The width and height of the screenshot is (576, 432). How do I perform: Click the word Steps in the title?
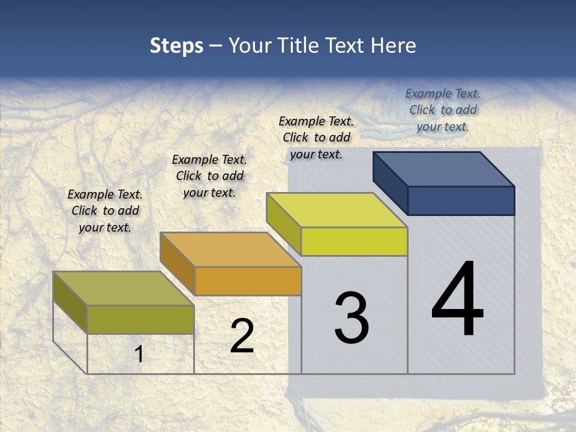176,46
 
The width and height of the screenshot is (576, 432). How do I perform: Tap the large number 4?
457,299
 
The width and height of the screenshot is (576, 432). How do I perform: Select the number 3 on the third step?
351,317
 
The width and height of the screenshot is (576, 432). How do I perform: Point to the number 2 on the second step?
242,336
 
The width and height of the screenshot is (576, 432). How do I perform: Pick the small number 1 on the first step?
139,354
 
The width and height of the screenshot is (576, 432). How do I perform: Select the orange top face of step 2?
230,250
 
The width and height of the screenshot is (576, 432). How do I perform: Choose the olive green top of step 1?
124,289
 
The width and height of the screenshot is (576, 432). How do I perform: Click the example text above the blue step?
443,110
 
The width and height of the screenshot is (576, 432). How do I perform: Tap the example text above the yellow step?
316,137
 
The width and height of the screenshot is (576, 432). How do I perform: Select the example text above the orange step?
209,176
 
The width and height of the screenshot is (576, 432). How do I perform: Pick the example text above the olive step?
105,211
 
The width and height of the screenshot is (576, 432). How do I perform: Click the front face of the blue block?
461,200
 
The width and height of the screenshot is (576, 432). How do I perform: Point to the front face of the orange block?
248,281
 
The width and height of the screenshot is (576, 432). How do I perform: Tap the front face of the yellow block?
354,241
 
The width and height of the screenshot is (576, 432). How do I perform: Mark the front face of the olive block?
140,319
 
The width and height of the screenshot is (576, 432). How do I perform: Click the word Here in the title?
393,46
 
